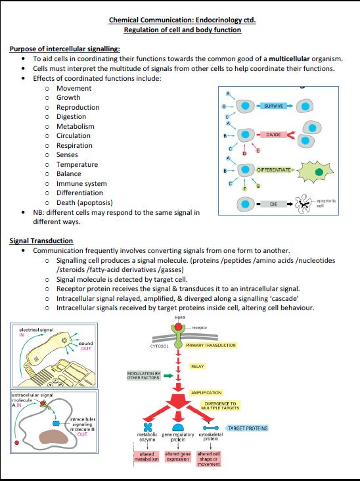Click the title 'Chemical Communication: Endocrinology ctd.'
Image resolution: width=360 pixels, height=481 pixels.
[x=183, y=20]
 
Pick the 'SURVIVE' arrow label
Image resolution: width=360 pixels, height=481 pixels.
[x=274, y=105]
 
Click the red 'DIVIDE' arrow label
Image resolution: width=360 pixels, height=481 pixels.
[x=273, y=135]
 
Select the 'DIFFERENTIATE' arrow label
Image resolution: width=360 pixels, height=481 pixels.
[x=274, y=170]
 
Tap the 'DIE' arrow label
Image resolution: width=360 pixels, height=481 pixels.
[x=273, y=204]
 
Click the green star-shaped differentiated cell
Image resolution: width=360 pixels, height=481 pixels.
[x=319, y=172]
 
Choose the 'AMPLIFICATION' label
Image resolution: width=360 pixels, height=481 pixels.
[x=206, y=392]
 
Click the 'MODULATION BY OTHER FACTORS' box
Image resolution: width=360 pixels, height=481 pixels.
[x=144, y=376]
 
